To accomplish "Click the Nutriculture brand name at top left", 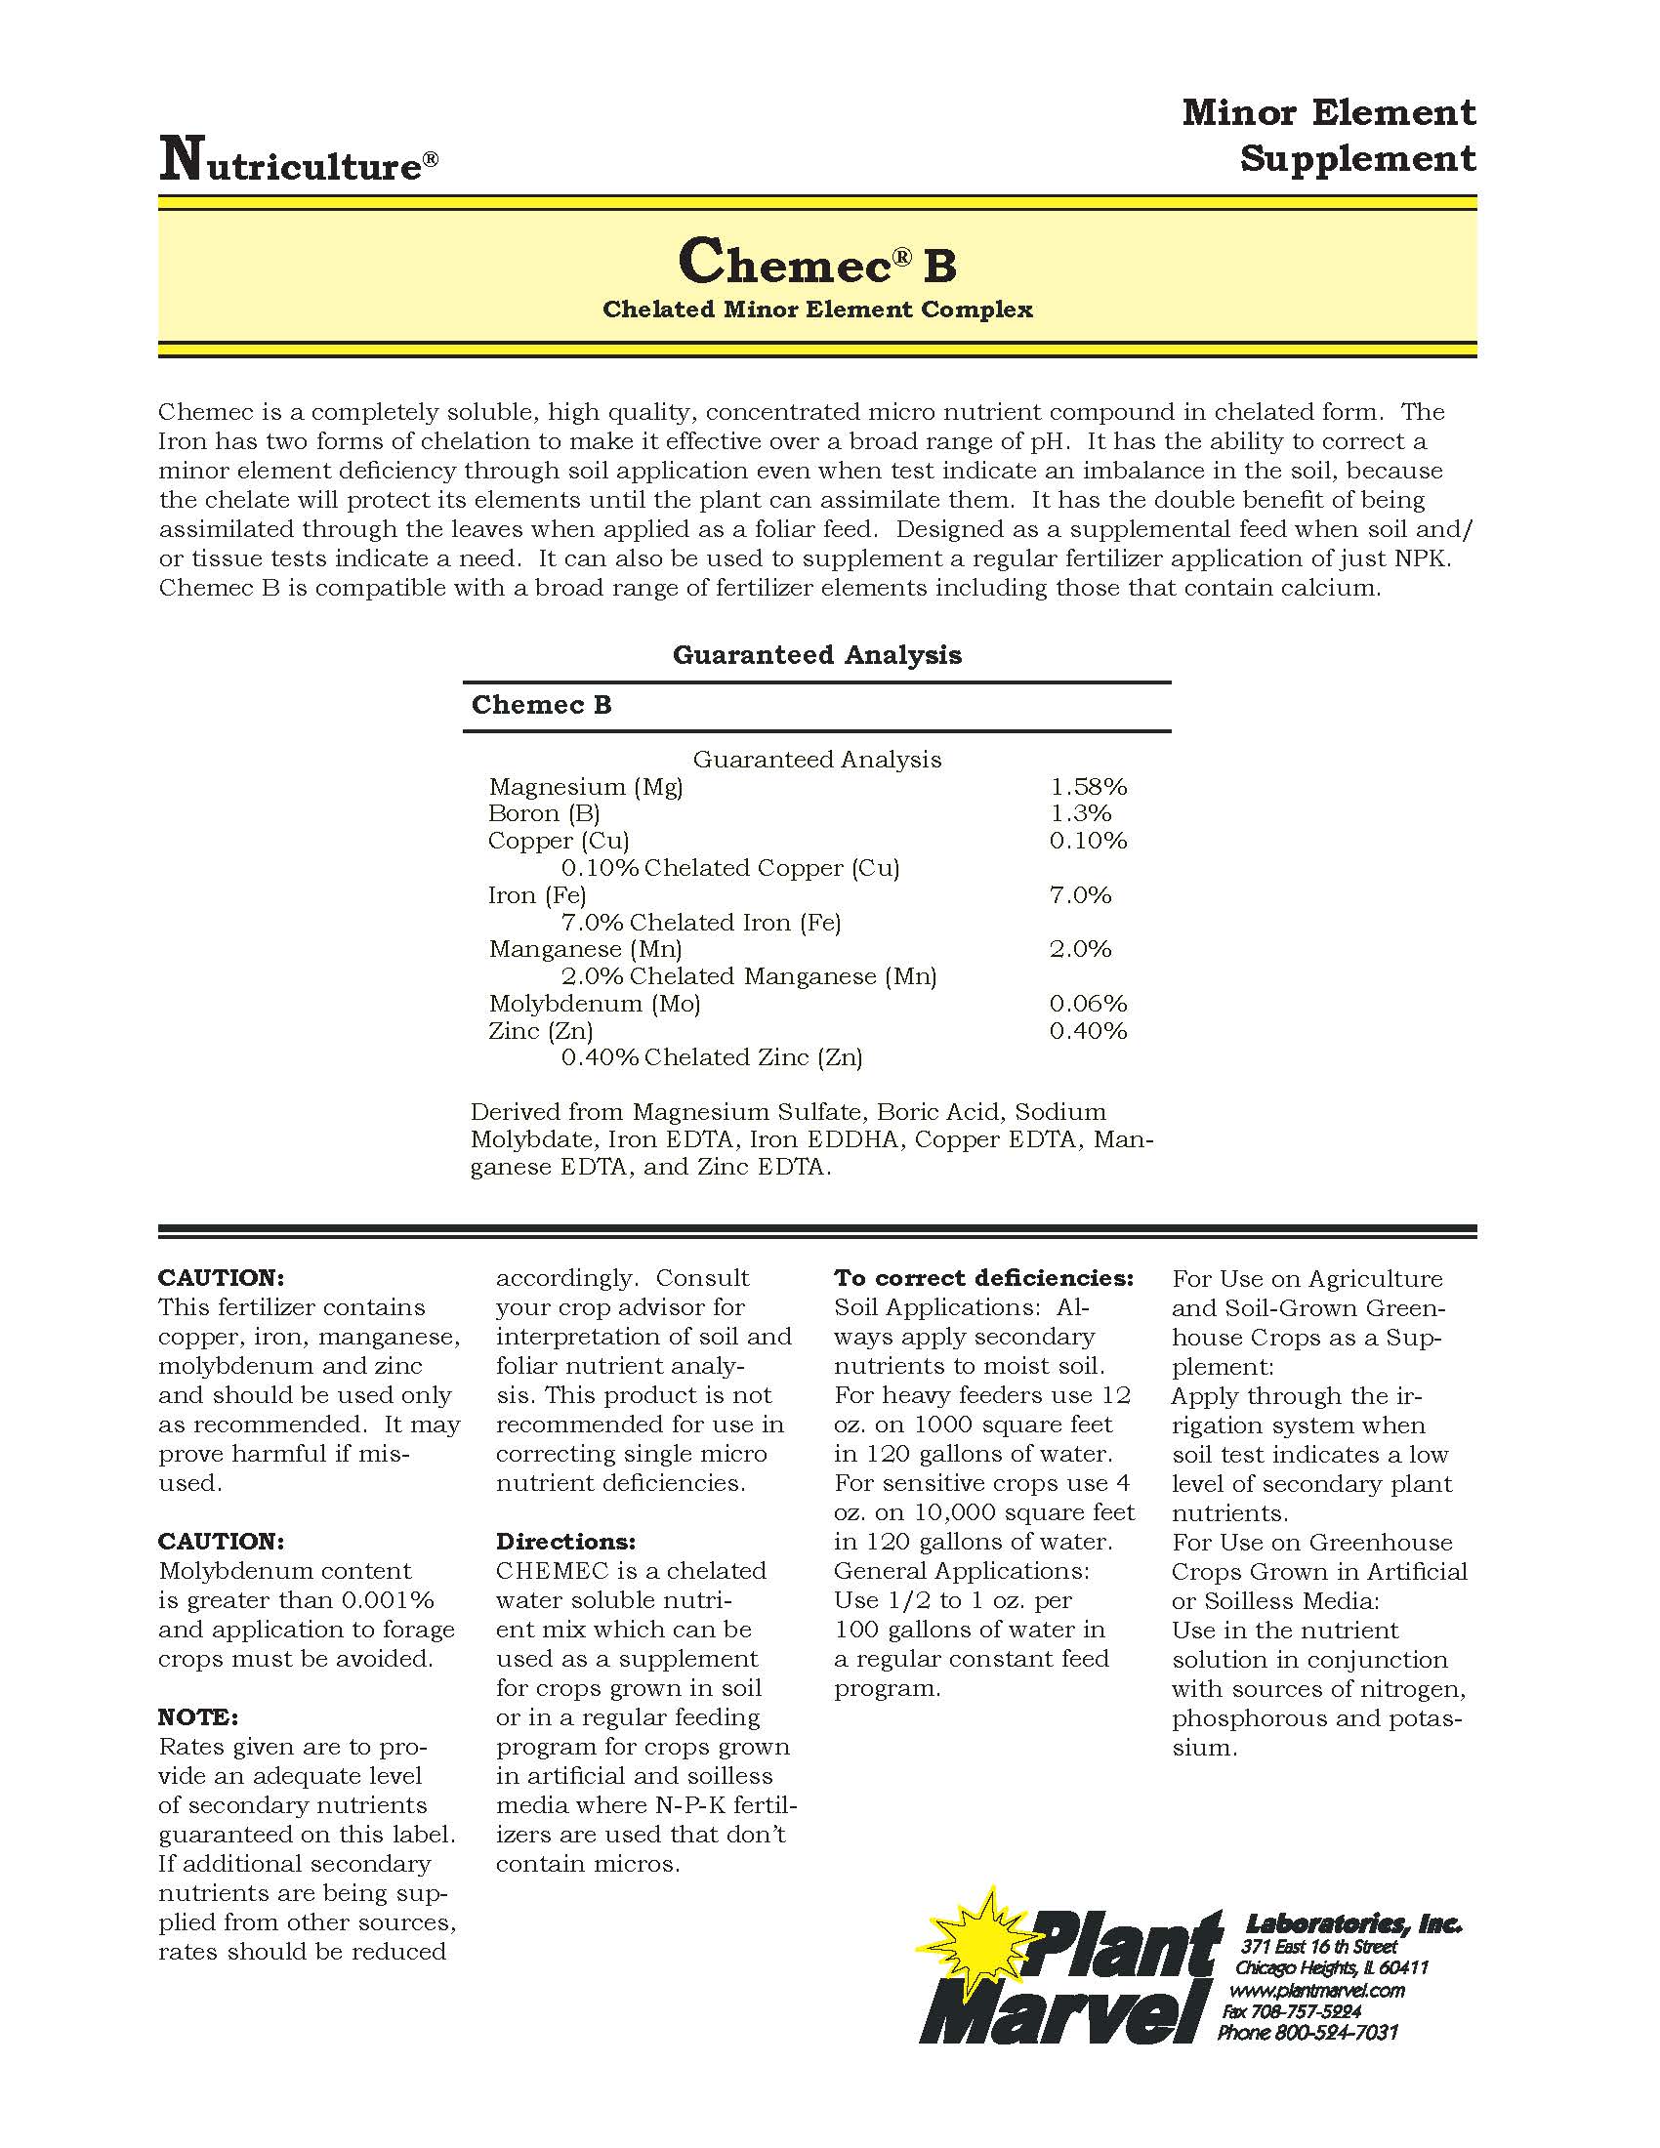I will [x=298, y=162].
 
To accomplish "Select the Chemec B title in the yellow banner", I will [x=816, y=262].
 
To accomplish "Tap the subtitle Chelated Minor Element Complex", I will [x=817, y=310].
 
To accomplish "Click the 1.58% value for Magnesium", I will [x=1088, y=787].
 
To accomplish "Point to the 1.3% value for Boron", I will [x=1080, y=813].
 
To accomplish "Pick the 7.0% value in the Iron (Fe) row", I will [x=1080, y=895].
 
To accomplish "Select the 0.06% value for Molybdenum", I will [x=1088, y=1004].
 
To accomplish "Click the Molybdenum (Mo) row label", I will [x=594, y=1004].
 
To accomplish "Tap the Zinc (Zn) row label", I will [x=540, y=1031].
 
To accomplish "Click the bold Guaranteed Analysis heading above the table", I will [x=816, y=655].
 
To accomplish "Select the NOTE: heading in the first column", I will [x=197, y=1717].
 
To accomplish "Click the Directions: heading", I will [x=565, y=1541].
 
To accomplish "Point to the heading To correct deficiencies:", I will [x=983, y=1279].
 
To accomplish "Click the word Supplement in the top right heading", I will [x=1357, y=159].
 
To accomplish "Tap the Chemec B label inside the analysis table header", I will [x=541, y=705].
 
